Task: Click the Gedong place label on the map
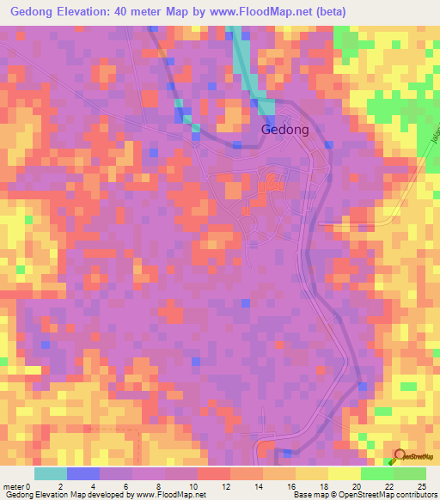point(284,130)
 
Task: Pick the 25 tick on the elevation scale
point(421,485)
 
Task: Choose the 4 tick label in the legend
point(101,485)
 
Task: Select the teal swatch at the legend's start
point(51,473)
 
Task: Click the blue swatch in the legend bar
point(83,473)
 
